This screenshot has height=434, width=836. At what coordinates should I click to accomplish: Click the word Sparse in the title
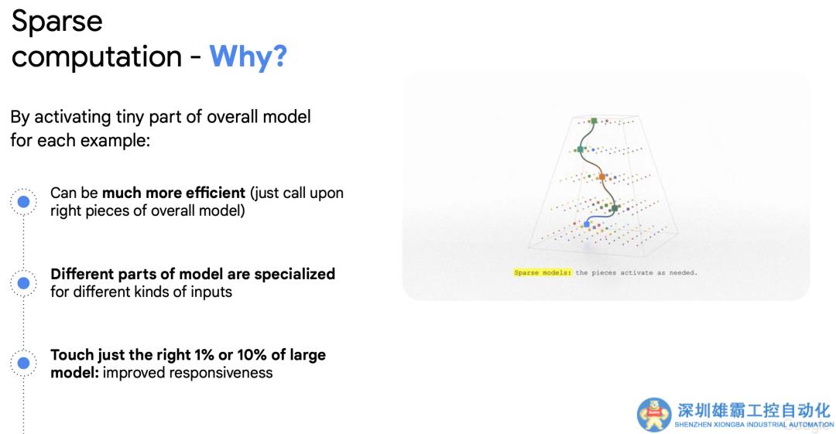pos(57,22)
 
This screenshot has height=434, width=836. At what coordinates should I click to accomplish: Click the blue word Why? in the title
pos(248,56)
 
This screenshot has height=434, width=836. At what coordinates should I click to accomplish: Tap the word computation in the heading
pos(97,57)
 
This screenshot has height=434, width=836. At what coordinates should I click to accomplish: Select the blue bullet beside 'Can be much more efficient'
pos(23,202)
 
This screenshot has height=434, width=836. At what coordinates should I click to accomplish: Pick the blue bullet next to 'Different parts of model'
pos(23,282)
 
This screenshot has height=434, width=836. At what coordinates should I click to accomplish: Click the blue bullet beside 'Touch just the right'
pos(23,363)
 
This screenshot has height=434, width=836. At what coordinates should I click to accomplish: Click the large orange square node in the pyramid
pos(602,176)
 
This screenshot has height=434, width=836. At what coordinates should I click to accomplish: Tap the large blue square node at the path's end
pos(587,224)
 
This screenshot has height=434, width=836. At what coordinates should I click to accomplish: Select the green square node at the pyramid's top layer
pos(594,121)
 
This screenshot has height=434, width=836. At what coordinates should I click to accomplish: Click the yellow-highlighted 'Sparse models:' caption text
pos(543,272)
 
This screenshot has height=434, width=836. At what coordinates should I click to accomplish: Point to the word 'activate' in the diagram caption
pos(636,272)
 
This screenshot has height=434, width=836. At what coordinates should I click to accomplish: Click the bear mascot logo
pos(654,415)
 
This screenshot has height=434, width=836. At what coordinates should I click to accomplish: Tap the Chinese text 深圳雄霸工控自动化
pos(754,410)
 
